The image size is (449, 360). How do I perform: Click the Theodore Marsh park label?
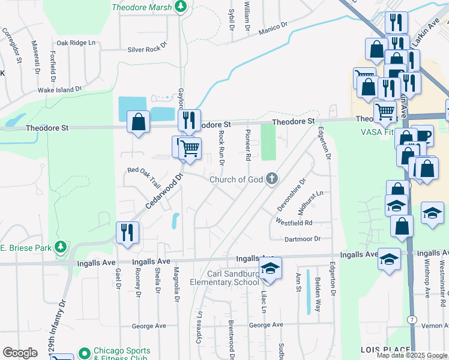pos(142,7)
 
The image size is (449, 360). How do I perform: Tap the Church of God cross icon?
pos(272,178)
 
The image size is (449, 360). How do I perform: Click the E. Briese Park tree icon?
pos(60,247)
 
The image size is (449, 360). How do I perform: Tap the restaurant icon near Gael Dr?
pos(127,232)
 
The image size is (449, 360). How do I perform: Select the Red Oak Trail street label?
pos(144,170)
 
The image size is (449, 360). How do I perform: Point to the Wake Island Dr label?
pos(59,89)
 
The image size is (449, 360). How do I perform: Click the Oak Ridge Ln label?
pos(76,43)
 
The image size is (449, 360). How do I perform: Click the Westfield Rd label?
pos(294,222)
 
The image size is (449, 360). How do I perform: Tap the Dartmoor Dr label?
pos(303,238)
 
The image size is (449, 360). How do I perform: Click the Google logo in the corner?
pos(20,352)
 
